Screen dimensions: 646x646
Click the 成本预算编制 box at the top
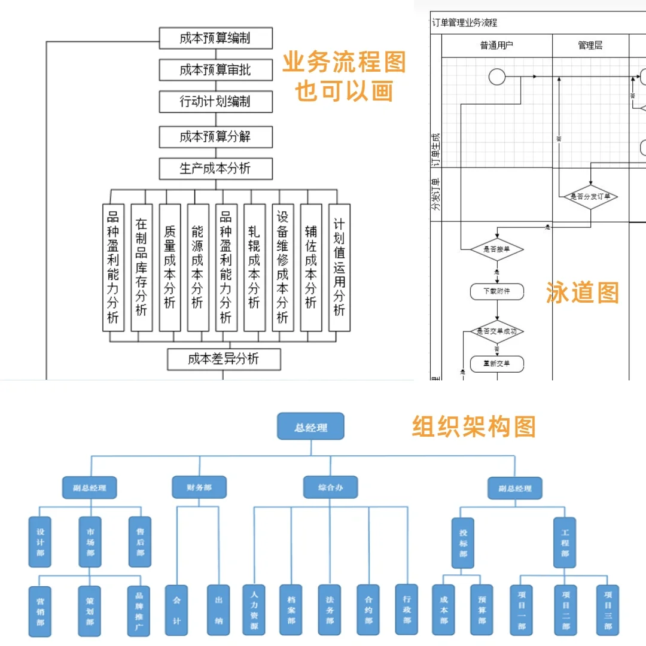pyautogui.click(x=215, y=38)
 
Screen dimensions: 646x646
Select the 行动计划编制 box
pyautogui.click(x=215, y=102)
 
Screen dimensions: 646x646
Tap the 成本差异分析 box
pyautogui.click(x=223, y=359)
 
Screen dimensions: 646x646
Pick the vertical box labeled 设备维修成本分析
pyautogui.click(x=282, y=267)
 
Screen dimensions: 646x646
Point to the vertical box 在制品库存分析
pyautogui.click(x=141, y=267)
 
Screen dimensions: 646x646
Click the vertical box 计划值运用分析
pyautogui.click(x=339, y=267)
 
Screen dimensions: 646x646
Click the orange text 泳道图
pyautogui.click(x=582, y=292)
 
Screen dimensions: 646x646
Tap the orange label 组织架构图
pyautogui.click(x=474, y=426)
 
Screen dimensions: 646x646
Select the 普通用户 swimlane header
pyautogui.click(x=496, y=45)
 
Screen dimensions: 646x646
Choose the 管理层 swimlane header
pyautogui.click(x=590, y=45)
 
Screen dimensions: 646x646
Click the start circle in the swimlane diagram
pyautogui.click(x=497, y=77)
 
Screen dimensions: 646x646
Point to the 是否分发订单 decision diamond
pyautogui.click(x=590, y=196)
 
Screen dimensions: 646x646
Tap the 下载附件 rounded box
pyautogui.click(x=497, y=291)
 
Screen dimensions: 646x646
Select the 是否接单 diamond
pyautogui.click(x=496, y=249)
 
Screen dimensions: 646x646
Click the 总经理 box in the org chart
pyautogui.click(x=310, y=427)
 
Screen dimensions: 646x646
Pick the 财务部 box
pyautogui.click(x=199, y=487)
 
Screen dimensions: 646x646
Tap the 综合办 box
pyautogui.click(x=330, y=487)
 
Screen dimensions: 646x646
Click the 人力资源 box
pyautogui.click(x=254, y=610)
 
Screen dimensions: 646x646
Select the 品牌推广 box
pyautogui.click(x=139, y=610)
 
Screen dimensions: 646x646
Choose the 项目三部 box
pyautogui.click(x=608, y=610)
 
